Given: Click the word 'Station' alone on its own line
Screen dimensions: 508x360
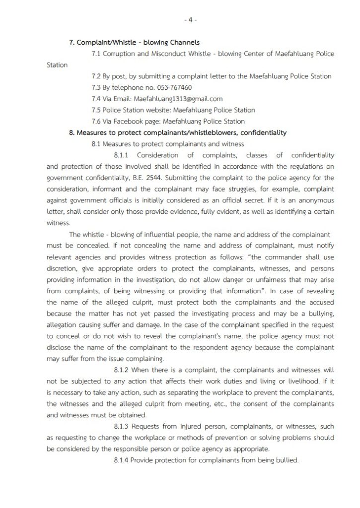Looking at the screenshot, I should point(57,65).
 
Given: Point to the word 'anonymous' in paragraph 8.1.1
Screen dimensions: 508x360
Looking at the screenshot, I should point(316,200).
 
